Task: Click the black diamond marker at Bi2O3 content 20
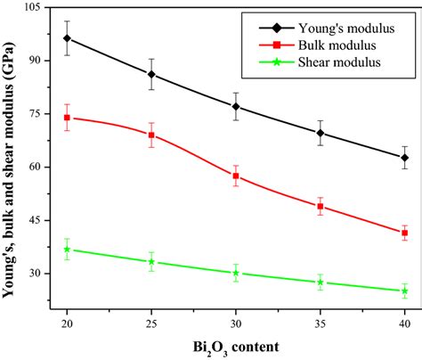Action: point(67,38)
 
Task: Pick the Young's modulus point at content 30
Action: point(236,107)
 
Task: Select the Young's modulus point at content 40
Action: point(405,158)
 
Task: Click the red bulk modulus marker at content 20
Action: point(67,118)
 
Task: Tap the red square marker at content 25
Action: point(151,135)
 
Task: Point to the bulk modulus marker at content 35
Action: point(321,207)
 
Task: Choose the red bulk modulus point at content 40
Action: point(405,233)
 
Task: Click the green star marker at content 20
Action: point(67,250)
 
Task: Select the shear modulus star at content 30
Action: point(236,273)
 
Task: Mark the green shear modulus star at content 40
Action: point(405,291)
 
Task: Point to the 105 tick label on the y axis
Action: point(38,7)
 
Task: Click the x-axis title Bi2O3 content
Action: point(235,345)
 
